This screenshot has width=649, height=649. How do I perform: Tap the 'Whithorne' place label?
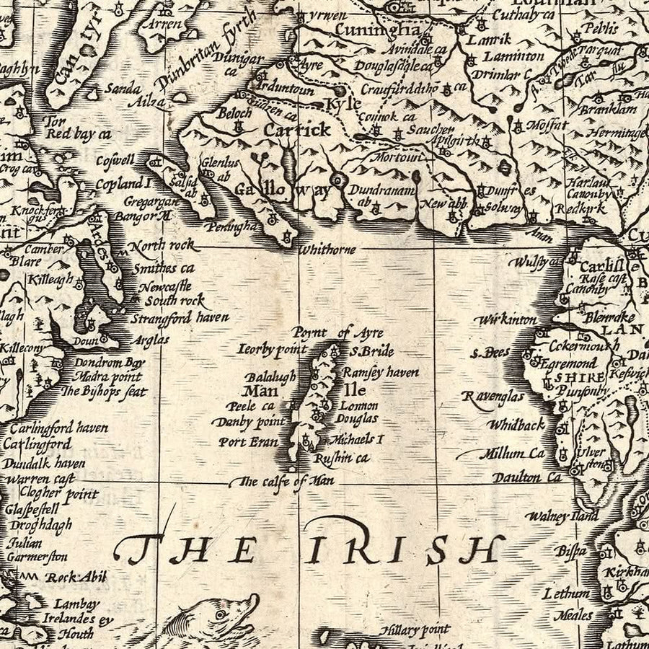point(327,250)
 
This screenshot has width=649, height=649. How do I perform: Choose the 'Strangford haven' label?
point(180,317)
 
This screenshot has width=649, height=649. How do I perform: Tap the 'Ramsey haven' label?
point(380,373)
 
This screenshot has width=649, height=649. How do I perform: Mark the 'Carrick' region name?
point(297,130)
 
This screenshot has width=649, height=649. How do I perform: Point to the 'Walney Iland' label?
point(562,516)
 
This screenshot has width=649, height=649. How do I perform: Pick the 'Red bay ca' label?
point(79,133)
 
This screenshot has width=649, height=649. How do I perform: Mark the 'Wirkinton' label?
point(505,319)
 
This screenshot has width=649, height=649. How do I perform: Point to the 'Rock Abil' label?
point(76,577)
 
